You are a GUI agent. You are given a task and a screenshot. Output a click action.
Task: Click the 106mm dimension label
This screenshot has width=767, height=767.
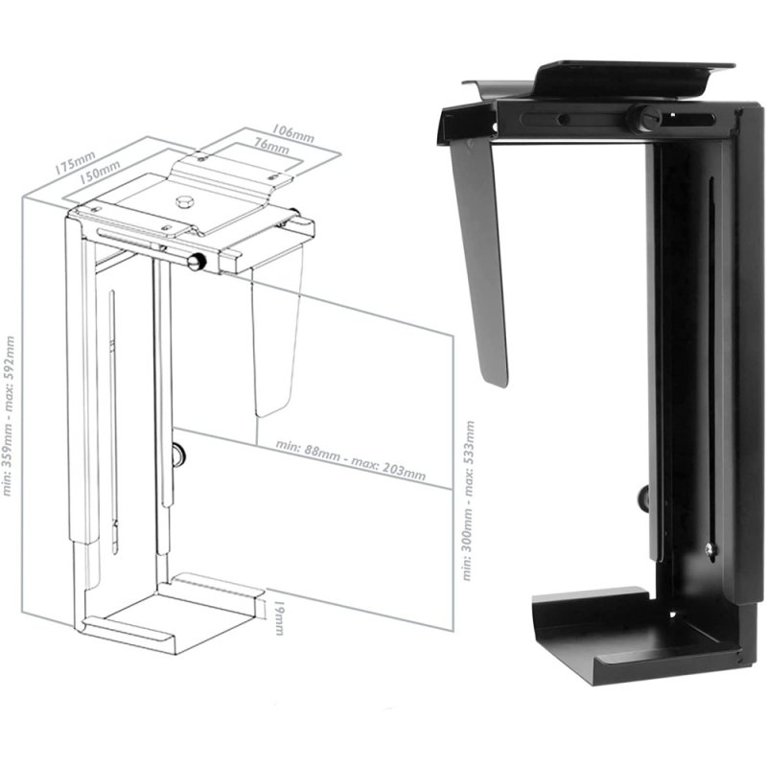(292, 133)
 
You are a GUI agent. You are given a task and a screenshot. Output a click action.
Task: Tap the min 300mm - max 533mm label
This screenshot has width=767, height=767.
(467, 499)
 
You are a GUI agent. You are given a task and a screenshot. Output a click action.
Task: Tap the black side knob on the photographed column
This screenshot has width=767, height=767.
(641, 497)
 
